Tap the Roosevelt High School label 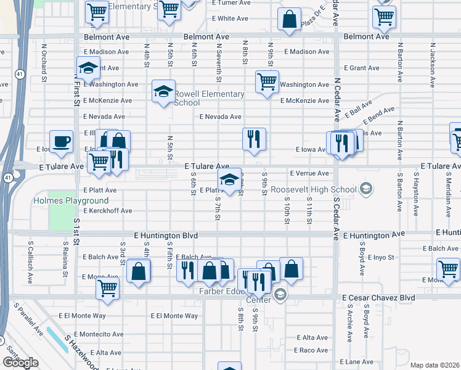(x=314, y=189)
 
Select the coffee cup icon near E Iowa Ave (x=61, y=142)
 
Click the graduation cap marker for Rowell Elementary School (x=163, y=92)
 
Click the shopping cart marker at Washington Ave (x=267, y=81)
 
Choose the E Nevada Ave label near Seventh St (x=220, y=117)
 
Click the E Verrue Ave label (x=309, y=173)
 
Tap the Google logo (x=20, y=362)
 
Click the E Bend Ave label (x=379, y=114)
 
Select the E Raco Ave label (x=311, y=350)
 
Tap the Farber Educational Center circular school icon (x=280, y=294)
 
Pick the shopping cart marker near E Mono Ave (x=108, y=287)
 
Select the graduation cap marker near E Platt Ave (x=230, y=180)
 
